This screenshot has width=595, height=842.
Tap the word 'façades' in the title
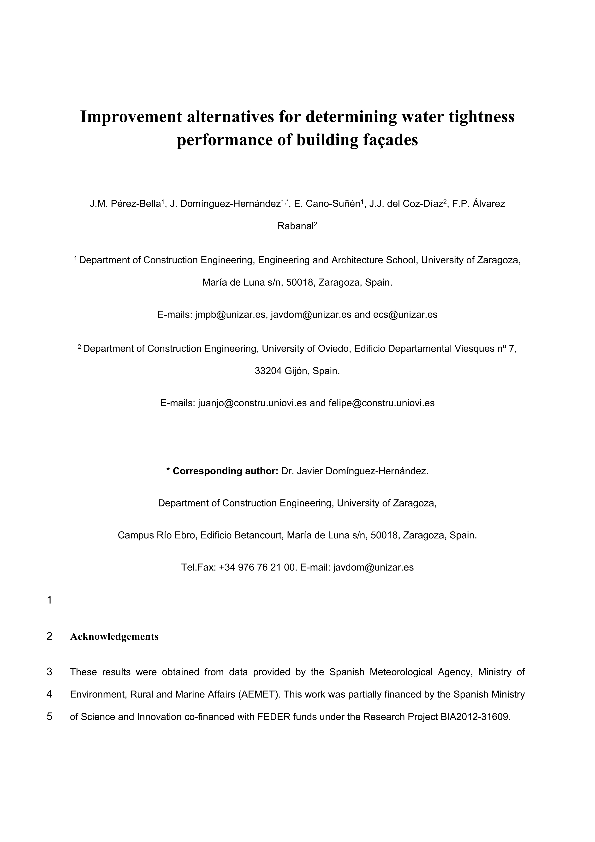[391, 140]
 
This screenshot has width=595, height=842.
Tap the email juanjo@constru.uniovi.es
[252, 403]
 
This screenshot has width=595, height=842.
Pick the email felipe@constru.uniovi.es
[381, 403]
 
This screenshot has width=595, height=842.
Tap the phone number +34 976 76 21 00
[257, 568]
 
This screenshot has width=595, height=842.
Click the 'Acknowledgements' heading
[114, 637]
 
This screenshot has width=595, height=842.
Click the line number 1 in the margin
[49, 600]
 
